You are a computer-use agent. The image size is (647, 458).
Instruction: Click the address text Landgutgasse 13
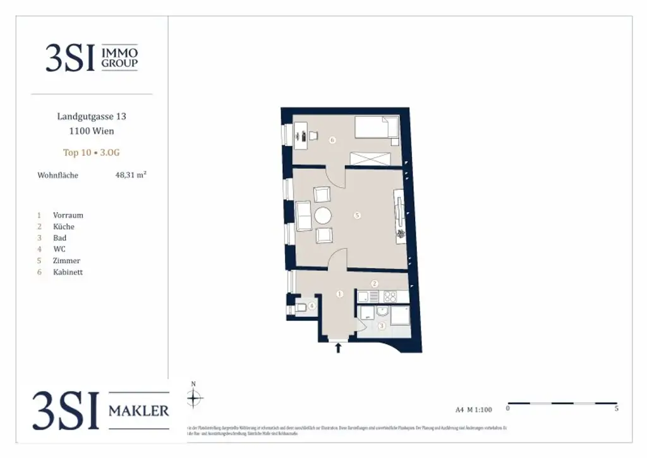click(92, 116)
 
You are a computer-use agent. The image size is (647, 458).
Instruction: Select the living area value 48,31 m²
click(131, 175)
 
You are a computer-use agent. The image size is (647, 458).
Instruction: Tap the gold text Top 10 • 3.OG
click(92, 152)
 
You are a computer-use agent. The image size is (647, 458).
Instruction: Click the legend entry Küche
click(64, 226)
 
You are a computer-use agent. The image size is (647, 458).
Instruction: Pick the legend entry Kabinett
click(68, 272)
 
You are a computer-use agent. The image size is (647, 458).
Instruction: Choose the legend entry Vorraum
click(68, 215)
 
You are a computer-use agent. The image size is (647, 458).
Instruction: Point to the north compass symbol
click(195, 397)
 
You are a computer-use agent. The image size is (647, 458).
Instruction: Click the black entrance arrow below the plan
click(339, 347)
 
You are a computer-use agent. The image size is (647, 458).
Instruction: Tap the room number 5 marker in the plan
click(357, 216)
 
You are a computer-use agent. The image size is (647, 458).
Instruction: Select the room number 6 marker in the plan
click(332, 140)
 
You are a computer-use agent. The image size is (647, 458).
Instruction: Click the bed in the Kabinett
click(377, 128)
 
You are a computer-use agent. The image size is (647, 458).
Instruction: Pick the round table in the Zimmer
click(323, 216)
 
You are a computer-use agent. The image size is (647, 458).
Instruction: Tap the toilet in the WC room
click(301, 307)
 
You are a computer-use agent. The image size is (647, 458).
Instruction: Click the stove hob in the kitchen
click(390, 296)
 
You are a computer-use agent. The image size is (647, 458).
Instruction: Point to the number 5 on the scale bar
click(616, 409)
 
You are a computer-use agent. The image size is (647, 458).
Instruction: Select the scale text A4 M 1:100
click(473, 409)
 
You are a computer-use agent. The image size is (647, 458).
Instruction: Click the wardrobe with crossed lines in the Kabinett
click(370, 159)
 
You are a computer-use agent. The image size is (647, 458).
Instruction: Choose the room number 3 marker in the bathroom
click(382, 326)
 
